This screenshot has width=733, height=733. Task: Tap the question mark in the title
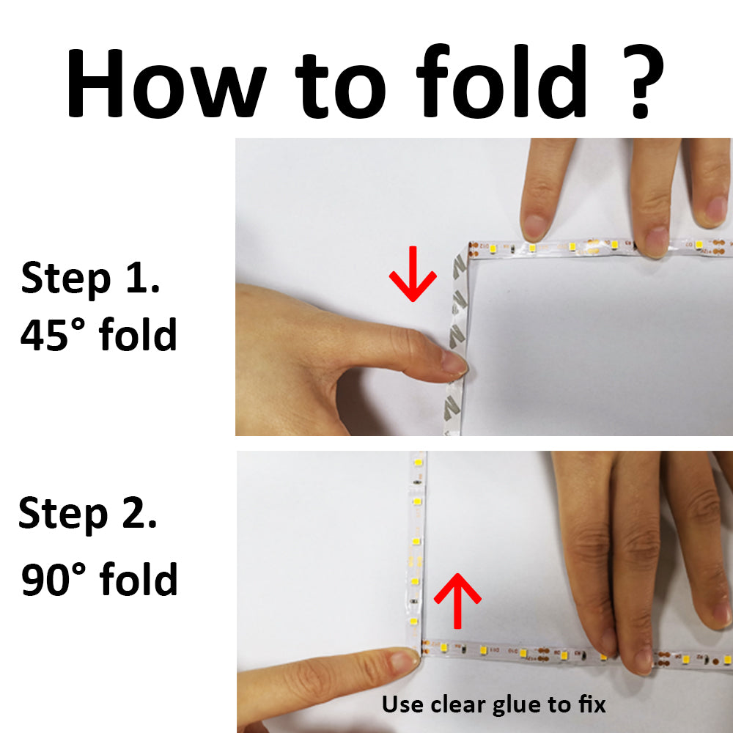tap(644, 81)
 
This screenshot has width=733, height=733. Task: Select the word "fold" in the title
tap(501, 81)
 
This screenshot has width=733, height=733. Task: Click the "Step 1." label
tap(91, 279)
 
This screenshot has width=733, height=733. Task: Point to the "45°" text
tap(53, 335)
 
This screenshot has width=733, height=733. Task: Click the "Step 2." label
tap(88, 514)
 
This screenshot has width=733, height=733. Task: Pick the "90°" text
tap(54, 579)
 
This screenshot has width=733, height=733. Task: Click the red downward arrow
tap(413, 274)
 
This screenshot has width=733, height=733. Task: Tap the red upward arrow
tap(457, 601)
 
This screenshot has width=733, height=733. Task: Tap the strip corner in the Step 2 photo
tap(417, 647)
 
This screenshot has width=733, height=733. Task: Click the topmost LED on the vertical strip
tap(419, 463)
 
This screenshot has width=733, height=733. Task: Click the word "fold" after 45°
tap(138, 334)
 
